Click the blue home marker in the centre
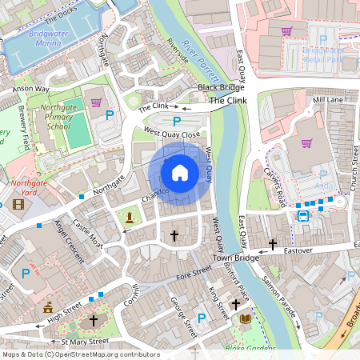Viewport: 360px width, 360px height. pyautogui.click(x=180, y=173)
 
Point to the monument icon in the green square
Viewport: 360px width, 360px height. pyautogui.click(x=129, y=216)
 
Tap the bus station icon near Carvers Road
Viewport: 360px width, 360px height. pyautogui.click(x=303, y=215)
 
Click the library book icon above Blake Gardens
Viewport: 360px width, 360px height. pyautogui.click(x=246, y=319)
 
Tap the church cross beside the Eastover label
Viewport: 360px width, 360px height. pyautogui.click(x=272, y=243)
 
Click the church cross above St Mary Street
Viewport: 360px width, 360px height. pyautogui.click(x=93, y=321)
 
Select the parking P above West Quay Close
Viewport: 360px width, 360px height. pyautogui.click(x=177, y=120)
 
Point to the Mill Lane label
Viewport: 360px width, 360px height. pyautogui.click(x=327, y=100)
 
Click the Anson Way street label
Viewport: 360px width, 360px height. pyautogui.click(x=30, y=89)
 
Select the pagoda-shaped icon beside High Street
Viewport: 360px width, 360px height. pyautogui.click(x=48, y=306)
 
